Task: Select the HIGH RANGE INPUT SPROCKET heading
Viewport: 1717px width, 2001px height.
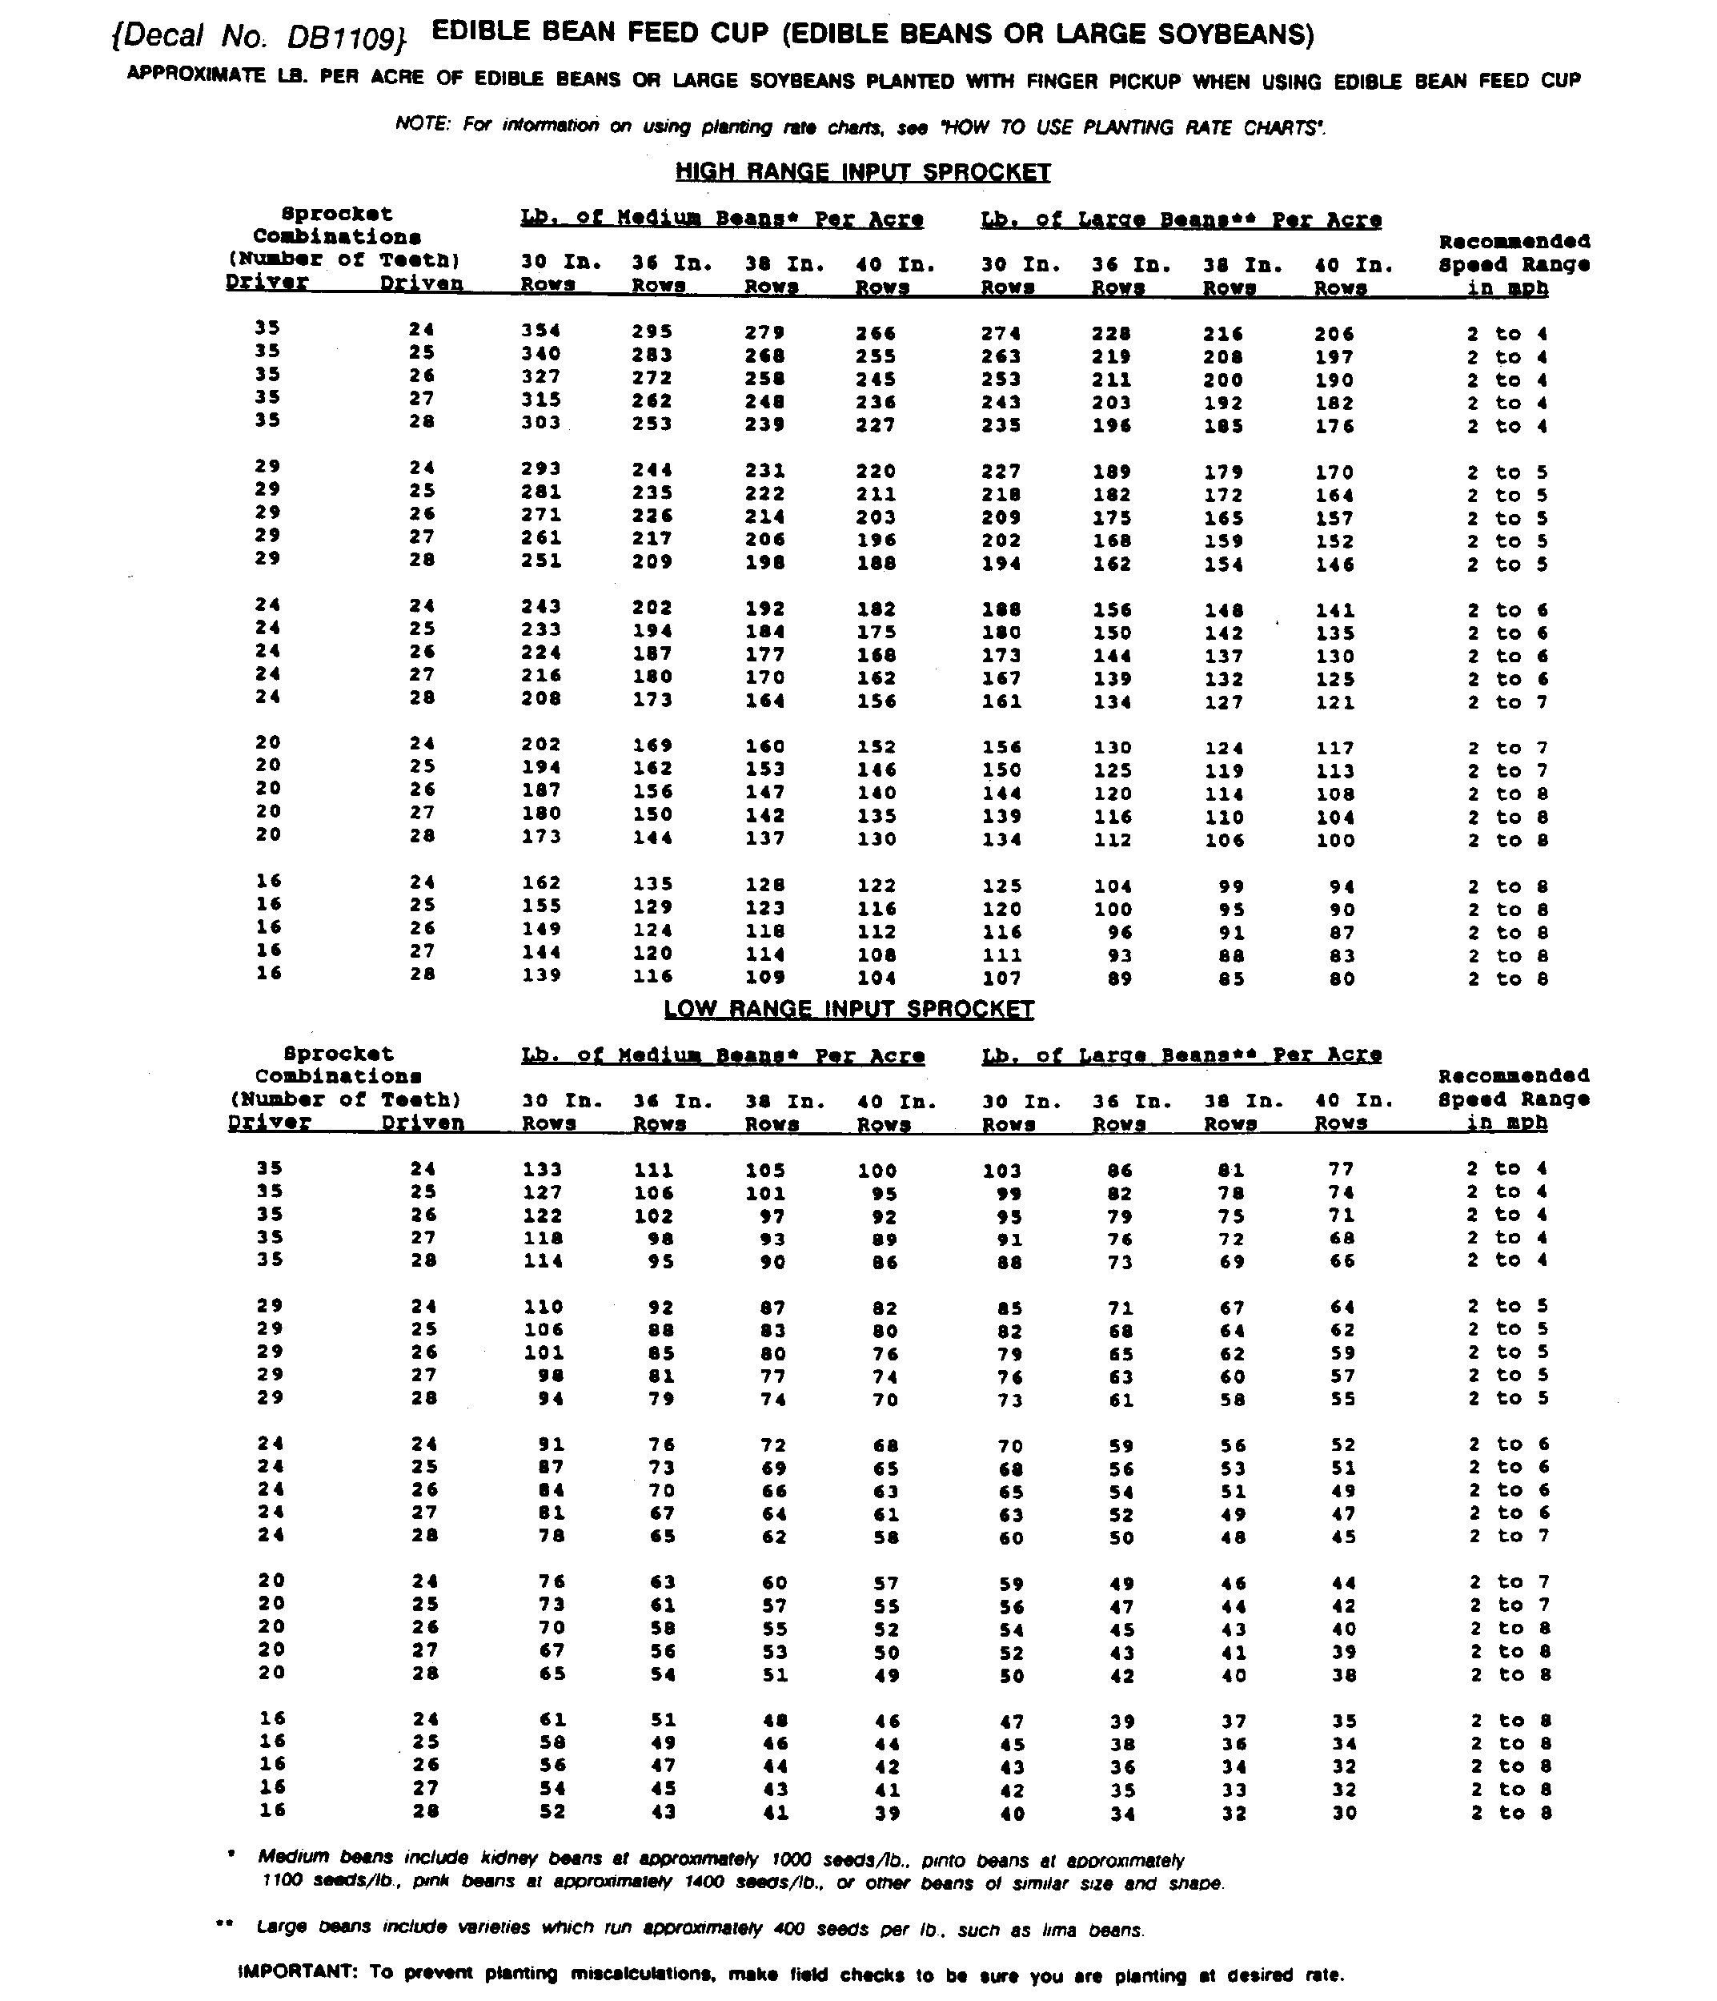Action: (x=861, y=172)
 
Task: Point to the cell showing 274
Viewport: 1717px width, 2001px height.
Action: (x=1001, y=333)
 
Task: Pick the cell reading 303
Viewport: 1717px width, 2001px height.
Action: (x=541, y=423)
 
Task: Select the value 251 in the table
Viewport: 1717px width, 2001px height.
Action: (x=541, y=561)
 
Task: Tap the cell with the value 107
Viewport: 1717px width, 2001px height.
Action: (x=1001, y=978)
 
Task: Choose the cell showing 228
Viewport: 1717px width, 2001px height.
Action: (x=1112, y=333)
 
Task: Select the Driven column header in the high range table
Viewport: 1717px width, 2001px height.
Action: (x=421, y=284)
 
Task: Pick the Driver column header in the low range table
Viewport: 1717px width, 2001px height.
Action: (x=270, y=1123)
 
